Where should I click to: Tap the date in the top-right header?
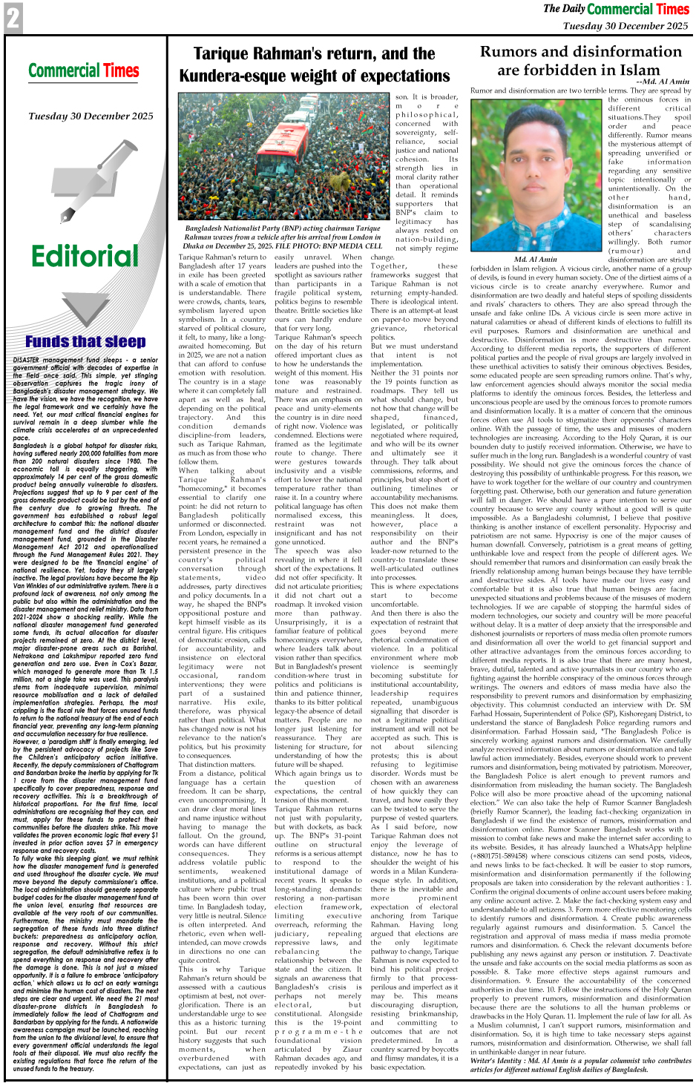[x=626, y=25]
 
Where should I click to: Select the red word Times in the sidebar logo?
[x=121, y=71]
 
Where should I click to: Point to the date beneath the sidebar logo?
[x=91, y=116]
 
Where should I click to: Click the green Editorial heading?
[x=85, y=256]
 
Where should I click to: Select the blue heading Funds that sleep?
[x=85, y=341]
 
